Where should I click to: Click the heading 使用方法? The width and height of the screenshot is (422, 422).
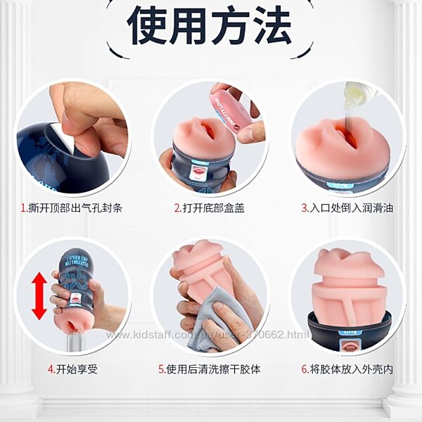coord(209,25)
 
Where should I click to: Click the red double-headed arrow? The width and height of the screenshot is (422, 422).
coord(39,296)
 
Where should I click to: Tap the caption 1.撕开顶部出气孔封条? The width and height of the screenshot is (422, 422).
coord(72,207)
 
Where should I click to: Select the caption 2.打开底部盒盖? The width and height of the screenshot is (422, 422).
coord(210,207)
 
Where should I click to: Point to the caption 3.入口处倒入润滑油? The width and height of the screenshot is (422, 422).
coord(347,207)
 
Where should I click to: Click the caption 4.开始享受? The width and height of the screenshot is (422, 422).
coord(72,369)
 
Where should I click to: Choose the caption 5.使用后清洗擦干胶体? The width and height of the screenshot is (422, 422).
coord(210,369)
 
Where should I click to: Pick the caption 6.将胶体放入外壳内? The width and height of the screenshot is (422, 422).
coord(347,369)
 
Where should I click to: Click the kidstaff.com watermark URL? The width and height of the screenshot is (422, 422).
coord(207,335)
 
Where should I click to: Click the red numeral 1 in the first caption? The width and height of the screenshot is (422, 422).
coord(23,208)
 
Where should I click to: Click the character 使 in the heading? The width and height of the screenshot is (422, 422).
coord(147,25)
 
